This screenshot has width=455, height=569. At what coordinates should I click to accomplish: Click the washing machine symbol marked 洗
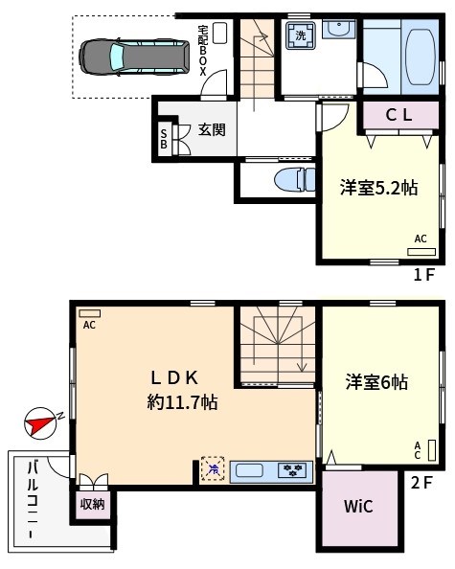pos(301,36)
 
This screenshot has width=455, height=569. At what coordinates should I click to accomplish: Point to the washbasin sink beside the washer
pos(337,31)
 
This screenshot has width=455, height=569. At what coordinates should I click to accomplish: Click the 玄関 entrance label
pos(212,130)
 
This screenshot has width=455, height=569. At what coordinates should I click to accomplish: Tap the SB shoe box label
pos(165,140)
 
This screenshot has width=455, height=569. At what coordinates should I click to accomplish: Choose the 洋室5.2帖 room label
pos(378,189)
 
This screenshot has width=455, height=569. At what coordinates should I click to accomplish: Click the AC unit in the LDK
pos(89,313)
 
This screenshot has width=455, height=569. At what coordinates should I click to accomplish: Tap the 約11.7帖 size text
pos(182,403)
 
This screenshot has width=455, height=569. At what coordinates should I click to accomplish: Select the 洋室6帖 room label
pos(376,382)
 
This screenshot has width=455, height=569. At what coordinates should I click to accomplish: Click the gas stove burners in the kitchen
pos(293,469)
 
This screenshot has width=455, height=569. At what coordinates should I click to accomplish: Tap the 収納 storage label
pos(92,503)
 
